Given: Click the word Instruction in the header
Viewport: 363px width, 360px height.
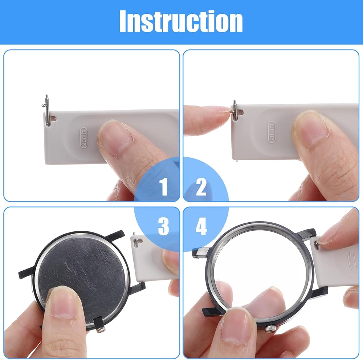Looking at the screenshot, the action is pos(181,21).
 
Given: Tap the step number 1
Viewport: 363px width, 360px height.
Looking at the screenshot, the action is pos(164,186).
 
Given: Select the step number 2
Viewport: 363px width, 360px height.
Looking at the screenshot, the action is pos(201,187).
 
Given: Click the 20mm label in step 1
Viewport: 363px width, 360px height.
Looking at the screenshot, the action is pos(83,138).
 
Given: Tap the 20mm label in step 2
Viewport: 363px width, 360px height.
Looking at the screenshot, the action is pos(272,132).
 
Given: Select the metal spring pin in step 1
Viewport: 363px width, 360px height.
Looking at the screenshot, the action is pos(47,110).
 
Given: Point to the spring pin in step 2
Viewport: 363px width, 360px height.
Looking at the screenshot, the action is pos(235,110).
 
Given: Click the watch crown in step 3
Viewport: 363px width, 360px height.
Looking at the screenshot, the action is pos(101,329).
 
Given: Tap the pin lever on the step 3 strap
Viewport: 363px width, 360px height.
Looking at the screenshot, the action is pos(136,242).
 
